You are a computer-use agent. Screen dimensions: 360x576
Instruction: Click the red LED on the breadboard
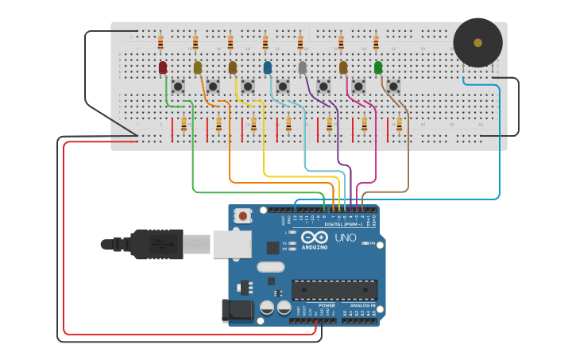(163, 68)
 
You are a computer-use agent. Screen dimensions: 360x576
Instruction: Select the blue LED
(268, 68)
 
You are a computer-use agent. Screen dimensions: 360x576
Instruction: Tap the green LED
(378, 68)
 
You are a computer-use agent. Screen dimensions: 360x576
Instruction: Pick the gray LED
(303, 68)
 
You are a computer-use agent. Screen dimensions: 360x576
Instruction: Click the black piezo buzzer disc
(477, 43)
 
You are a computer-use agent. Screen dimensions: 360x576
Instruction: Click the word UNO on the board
(346, 238)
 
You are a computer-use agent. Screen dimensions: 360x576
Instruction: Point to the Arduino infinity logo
(315, 238)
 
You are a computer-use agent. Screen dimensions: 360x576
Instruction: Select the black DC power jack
(238, 310)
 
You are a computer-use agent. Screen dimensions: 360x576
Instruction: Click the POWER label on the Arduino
(327, 304)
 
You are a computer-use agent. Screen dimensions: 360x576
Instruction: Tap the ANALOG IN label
(362, 304)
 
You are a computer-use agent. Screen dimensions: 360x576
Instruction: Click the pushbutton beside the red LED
(178, 86)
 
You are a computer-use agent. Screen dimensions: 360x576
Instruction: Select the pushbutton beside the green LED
(393, 86)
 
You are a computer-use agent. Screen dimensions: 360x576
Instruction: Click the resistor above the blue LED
(265, 42)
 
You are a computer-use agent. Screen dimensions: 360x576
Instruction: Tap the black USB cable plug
(159, 243)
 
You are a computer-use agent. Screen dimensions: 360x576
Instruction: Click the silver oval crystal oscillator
(270, 267)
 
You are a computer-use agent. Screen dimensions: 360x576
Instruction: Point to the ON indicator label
(371, 243)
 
